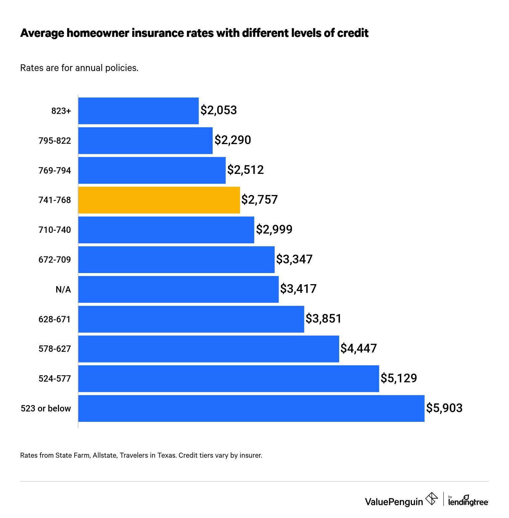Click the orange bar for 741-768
(x=159, y=200)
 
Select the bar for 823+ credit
(x=138, y=111)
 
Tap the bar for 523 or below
(x=251, y=408)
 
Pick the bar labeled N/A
(x=178, y=289)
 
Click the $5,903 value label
(x=444, y=408)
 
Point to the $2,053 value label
(x=219, y=110)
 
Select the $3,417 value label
(x=298, y=289)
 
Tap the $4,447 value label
(x=359, y=348)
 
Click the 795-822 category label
(x=55, y=141)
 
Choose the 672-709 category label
(x=55, y=260)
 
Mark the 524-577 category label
(x=55, y=379)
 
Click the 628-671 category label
(x=55, y=319)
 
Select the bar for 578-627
(x=208, y=349)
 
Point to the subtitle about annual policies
(x=79, y=68)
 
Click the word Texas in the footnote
(x=166, y=455)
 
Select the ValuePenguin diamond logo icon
(x=431, y=499)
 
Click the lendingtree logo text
(x=468, y=502)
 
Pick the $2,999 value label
(x=274, y=230)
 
